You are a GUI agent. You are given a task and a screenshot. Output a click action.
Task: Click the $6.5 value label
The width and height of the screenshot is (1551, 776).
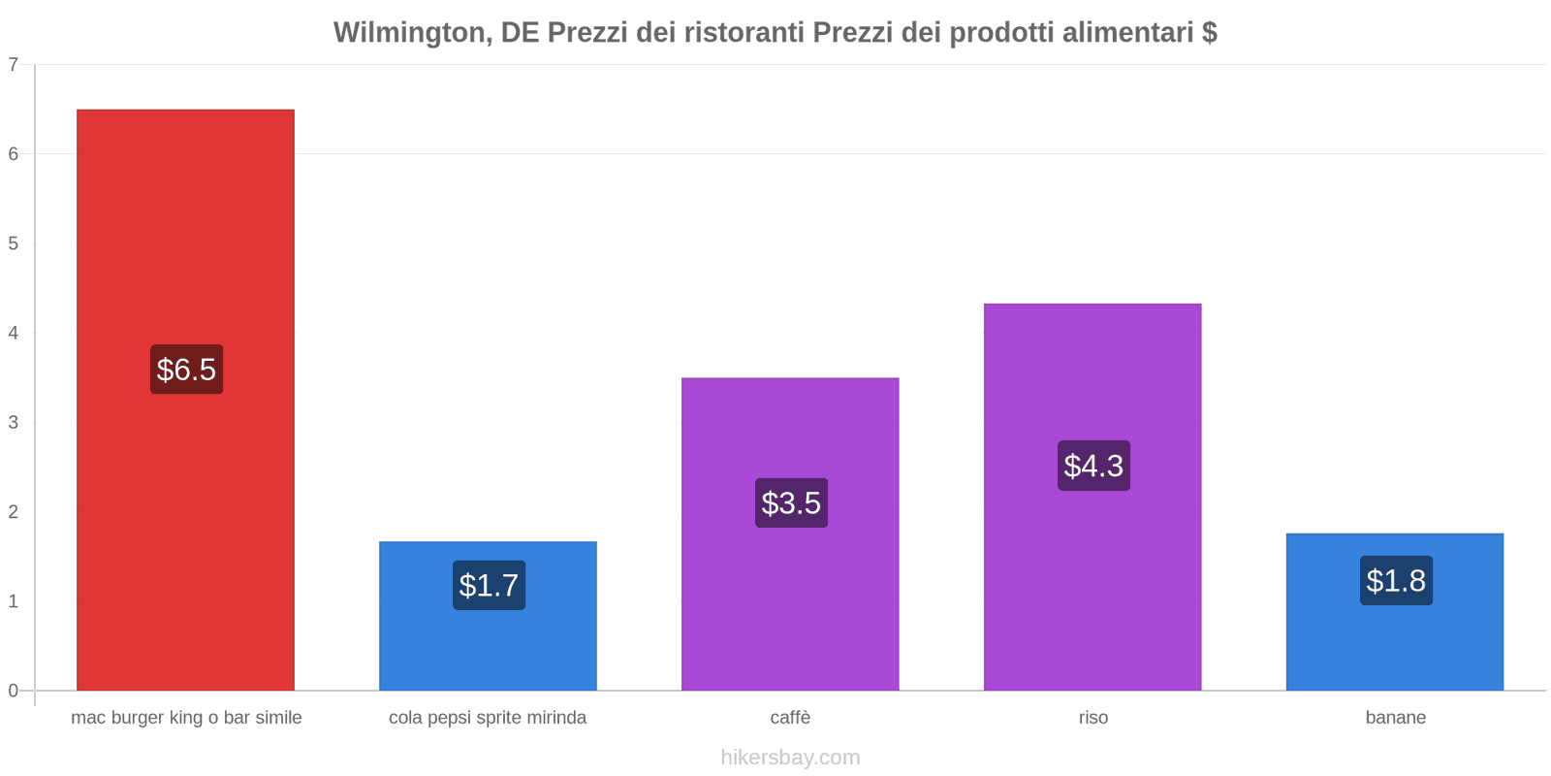tap(186, 370)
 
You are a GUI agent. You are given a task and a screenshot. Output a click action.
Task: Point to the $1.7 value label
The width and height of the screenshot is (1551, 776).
tap(489, 586)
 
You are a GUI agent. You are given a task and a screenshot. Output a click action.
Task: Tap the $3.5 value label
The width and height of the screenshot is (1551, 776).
tap(791, 503)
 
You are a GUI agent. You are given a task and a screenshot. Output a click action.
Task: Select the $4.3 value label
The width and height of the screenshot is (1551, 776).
tap(1093, 466)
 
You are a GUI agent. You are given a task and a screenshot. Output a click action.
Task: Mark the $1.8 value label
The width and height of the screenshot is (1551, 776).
tap(1396, 581)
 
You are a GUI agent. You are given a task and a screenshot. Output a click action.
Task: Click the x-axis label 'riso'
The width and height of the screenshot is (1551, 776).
tap(1092, 718)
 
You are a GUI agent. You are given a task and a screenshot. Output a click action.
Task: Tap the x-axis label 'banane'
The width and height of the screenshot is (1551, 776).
tap(1395, 718)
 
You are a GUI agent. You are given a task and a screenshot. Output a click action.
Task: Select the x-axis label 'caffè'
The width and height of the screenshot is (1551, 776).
tap(790, 718)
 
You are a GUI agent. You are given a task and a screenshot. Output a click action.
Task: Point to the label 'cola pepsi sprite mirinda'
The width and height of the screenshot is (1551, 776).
tap(488, 718)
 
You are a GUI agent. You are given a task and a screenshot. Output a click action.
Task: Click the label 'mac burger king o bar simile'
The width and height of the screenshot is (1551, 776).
tap(186, 718)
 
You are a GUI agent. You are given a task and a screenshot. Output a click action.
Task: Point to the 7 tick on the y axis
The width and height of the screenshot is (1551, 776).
tap(14, 65)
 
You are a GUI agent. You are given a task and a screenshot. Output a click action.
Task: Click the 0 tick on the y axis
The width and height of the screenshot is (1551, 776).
tap(14, 691)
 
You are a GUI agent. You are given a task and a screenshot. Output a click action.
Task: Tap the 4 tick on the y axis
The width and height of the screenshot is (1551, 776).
tap(14, 333)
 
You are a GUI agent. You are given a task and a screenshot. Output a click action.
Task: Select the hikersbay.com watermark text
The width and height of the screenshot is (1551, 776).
tap(790, 758)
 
